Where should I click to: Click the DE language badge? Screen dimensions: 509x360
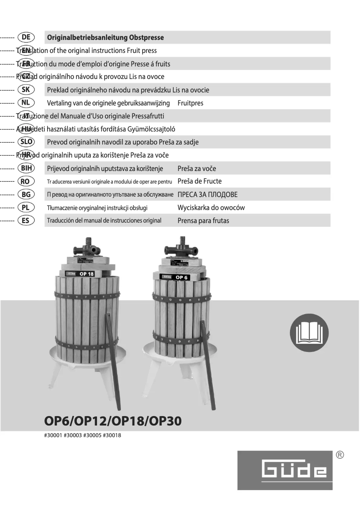26,37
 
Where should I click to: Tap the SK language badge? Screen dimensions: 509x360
26,90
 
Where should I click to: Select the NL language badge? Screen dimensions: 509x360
26,103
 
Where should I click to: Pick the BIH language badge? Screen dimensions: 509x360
26,168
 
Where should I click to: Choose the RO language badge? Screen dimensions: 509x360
26,181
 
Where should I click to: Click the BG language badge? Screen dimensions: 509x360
26,194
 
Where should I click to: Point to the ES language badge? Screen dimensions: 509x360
26,220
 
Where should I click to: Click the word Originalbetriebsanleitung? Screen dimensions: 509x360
87,38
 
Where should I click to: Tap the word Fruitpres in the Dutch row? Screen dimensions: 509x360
190,103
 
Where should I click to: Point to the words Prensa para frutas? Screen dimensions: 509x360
203,221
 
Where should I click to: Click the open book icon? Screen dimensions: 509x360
309,333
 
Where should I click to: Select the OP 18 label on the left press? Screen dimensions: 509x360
86,274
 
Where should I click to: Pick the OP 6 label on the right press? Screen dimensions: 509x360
182,277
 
